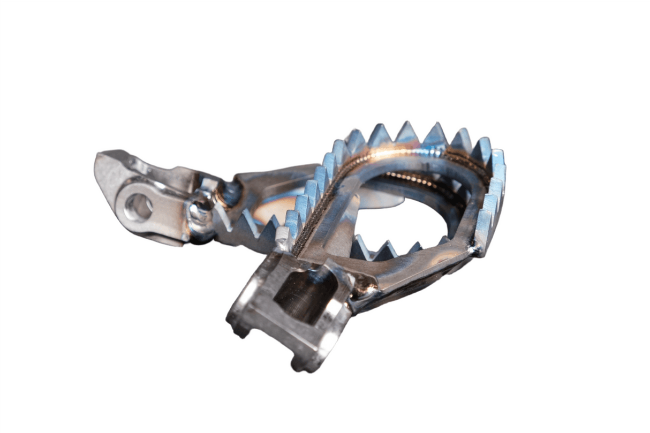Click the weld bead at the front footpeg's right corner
tap(474, 248)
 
